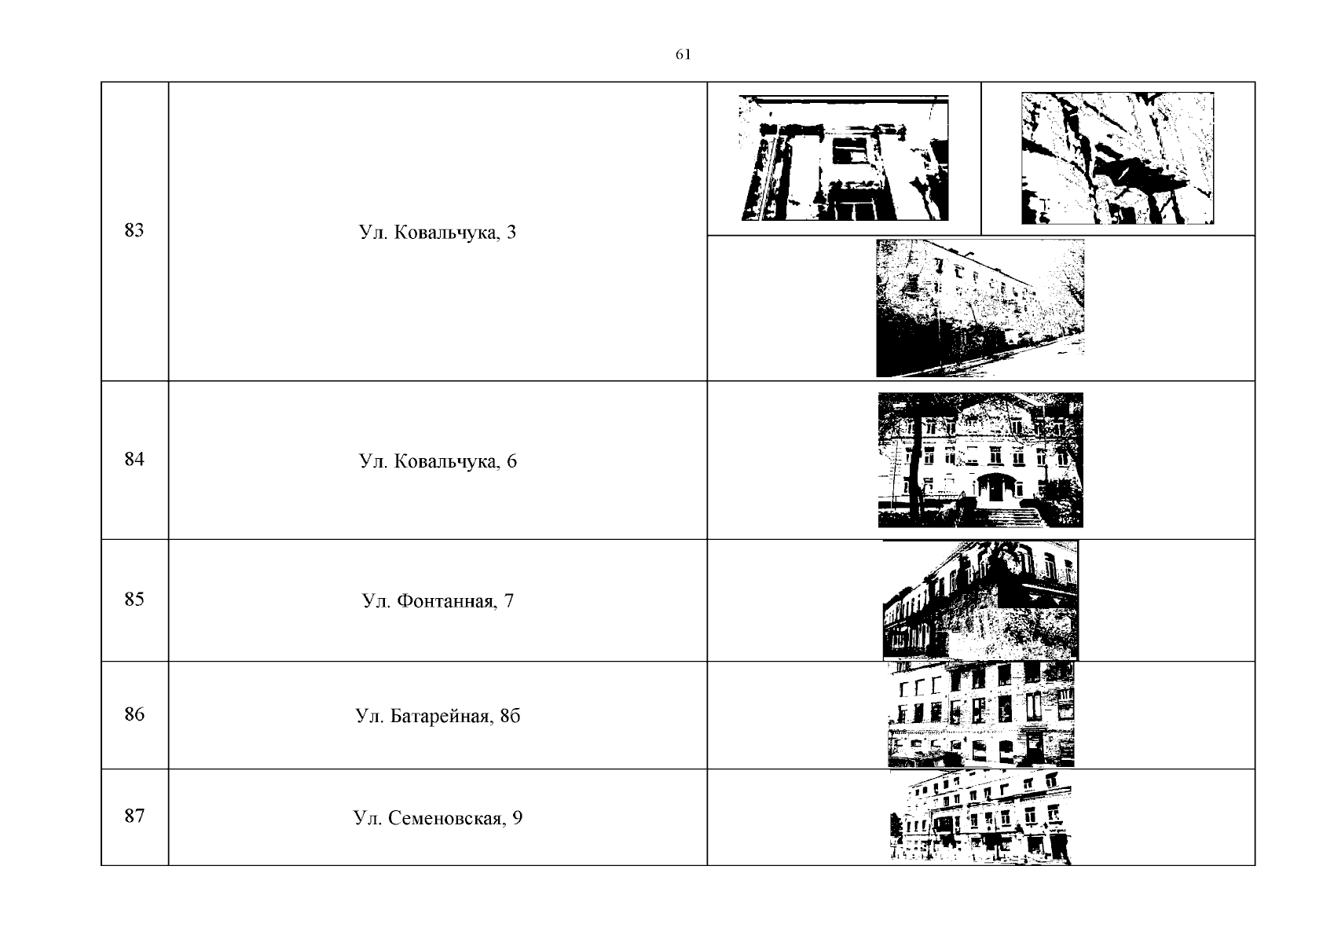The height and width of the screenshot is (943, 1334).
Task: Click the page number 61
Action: (x=683, y=55)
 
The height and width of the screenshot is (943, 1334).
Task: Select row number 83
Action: (x=134, y=230)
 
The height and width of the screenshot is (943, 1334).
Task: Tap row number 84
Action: (x=134, y=459)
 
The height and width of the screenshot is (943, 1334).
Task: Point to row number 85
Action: (x=134, y=600)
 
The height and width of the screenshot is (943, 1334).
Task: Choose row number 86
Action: (x=134, y=714)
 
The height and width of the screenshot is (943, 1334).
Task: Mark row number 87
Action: (x=134, y=816)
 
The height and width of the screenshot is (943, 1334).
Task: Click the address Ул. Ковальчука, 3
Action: (x=438, y=233)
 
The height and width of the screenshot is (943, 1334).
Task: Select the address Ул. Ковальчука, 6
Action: (x=438, y=461)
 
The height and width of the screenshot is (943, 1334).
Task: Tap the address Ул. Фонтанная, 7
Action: (x=438, y=601)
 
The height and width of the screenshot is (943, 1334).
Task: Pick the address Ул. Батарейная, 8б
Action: (x=438, y=716)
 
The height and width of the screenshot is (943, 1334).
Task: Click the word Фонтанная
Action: (x=446, y=601)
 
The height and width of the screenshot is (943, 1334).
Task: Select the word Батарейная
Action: (x=439, y=716)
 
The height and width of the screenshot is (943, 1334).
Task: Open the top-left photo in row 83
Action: (x=844, y=158)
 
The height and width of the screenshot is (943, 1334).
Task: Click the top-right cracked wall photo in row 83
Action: (x=1118, y=159)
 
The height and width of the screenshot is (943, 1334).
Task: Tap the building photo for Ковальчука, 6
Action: (x=980, y=460)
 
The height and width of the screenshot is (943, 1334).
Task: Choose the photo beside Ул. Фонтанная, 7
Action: (x=980, y=600)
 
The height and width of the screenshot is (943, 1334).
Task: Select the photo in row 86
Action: (x=980, y=714)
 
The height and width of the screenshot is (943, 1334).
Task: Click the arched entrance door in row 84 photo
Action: (x=991, y=486)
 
